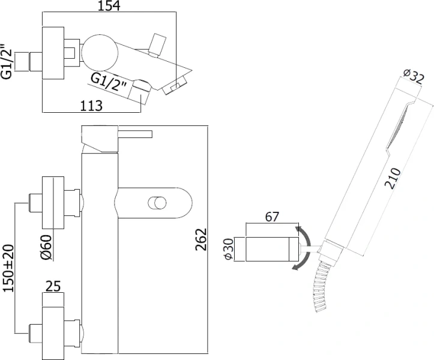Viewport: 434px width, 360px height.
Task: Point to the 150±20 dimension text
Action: (8, 268)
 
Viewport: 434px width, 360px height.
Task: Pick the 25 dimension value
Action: (54, 286)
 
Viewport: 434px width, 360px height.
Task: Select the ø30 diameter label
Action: (229, 249)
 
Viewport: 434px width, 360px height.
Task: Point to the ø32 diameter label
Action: (414, 77)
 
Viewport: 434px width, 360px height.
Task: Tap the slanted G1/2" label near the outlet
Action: (109, 85)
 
